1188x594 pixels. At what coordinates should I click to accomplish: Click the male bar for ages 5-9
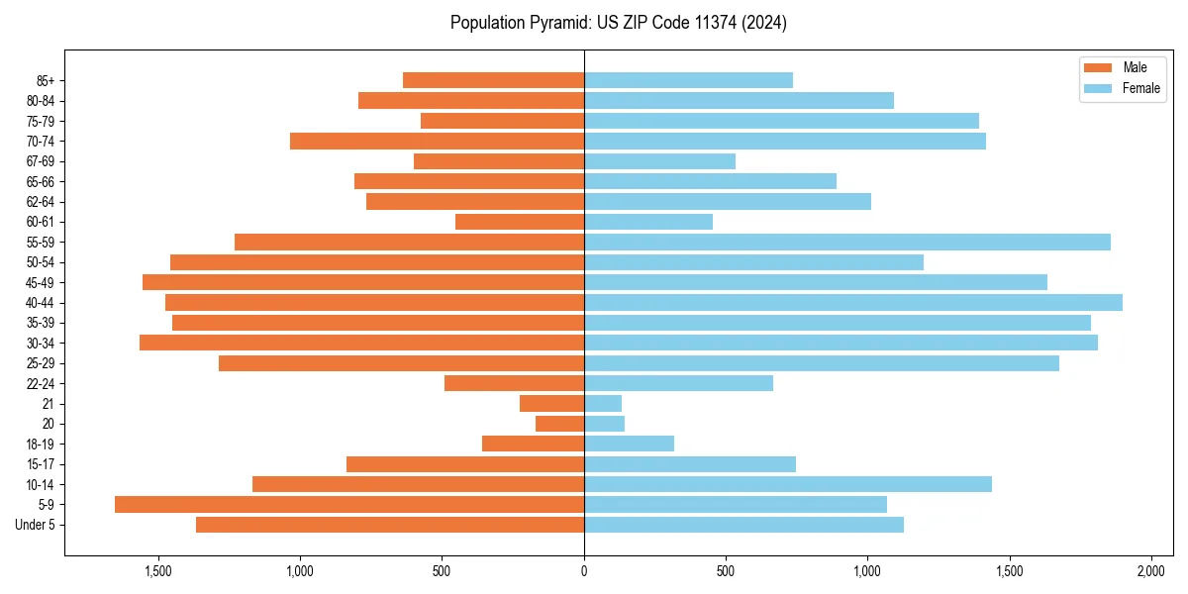349,505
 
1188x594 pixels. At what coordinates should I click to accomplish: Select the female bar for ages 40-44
853,303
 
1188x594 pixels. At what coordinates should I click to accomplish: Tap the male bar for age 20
560,424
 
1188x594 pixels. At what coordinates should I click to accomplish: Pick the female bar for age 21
603,404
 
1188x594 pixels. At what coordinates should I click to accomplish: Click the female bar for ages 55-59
847,243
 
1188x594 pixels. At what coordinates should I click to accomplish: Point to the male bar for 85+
493,80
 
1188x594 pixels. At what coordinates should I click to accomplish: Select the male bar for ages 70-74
437,142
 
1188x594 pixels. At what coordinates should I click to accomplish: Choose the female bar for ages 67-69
659,161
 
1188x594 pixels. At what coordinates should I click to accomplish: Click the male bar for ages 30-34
361,344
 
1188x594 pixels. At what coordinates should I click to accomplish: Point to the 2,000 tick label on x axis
1150,572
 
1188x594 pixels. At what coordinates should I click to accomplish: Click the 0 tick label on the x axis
584,572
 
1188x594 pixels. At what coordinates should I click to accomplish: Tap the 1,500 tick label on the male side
158,572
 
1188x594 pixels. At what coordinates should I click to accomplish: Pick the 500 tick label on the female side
726,572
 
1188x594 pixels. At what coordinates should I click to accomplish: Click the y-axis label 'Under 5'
36,525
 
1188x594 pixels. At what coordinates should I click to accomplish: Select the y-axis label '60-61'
41,222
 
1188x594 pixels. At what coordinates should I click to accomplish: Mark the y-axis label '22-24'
41,384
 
